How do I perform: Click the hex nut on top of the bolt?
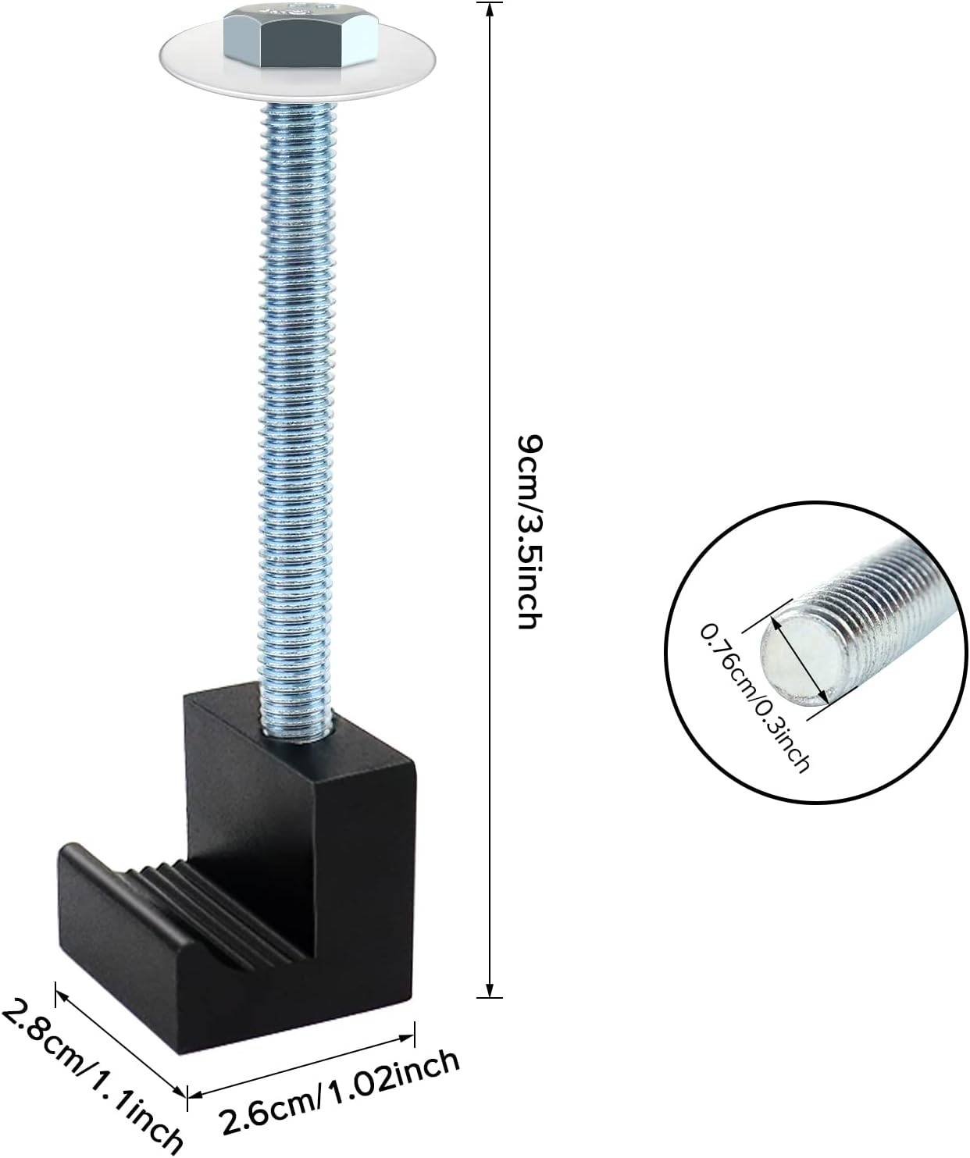click(x=301, y=37)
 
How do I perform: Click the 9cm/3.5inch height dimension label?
click(x=529, y=532)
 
